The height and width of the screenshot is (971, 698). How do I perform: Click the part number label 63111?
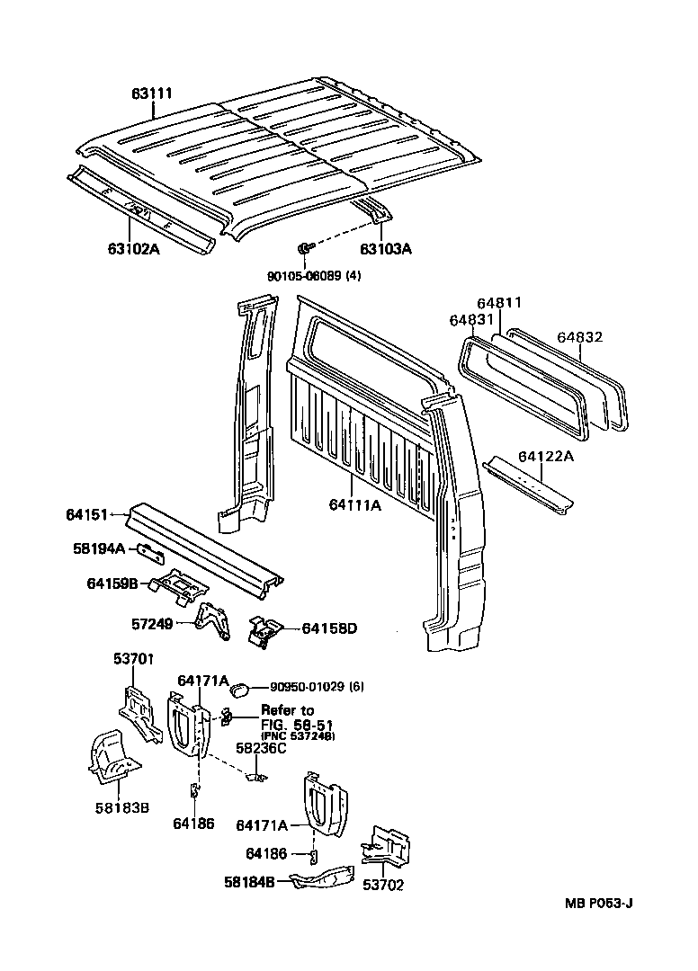tap(154, 94)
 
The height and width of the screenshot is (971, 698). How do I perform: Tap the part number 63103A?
tap(386, 249)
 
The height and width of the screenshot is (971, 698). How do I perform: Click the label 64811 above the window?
tap(499, 303)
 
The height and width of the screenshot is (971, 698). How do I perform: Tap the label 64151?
tap(86, 514)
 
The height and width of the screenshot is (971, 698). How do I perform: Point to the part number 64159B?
tap(112, 583)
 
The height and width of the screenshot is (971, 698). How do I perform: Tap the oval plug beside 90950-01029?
tap(239, 690)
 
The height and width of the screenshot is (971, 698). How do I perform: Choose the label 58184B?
tap(249, 881)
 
